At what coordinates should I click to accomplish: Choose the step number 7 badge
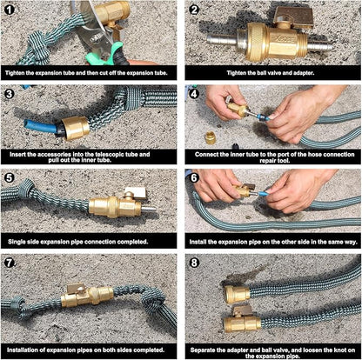click(11, 263)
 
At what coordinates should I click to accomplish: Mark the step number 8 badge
click(196, 263)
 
